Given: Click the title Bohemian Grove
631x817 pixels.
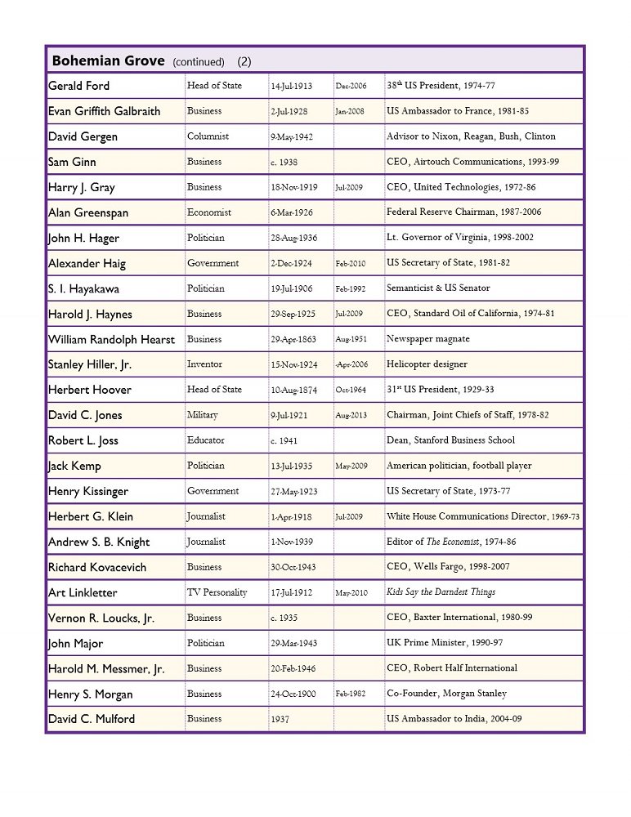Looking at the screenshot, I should (x=106, y=60).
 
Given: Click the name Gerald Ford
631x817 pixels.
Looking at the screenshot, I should (x=78, y=86).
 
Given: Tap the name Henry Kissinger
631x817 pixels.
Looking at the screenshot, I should (x=88, y=491).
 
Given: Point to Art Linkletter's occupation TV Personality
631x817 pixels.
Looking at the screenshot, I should (x=217, y=592).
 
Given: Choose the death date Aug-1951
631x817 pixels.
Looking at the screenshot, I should (x=351, y=339).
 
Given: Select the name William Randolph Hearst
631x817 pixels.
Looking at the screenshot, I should (x=111, y=339).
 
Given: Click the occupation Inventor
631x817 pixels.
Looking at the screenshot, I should (x=204, y=364).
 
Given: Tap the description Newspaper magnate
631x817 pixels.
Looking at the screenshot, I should (x=428, y=339).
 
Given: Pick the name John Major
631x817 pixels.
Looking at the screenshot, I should (x=76, y=643).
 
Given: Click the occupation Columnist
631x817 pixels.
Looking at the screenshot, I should (x=208, y=136).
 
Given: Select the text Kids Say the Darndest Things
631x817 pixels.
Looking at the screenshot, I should (x=441, y=592).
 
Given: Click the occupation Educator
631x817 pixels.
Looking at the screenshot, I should (x=206, y=440).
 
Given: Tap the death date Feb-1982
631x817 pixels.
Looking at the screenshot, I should (x=351, y=694).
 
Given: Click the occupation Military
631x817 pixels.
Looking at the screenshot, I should (x=203, y=415).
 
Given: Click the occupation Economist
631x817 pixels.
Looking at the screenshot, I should (x=209, y=212).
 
